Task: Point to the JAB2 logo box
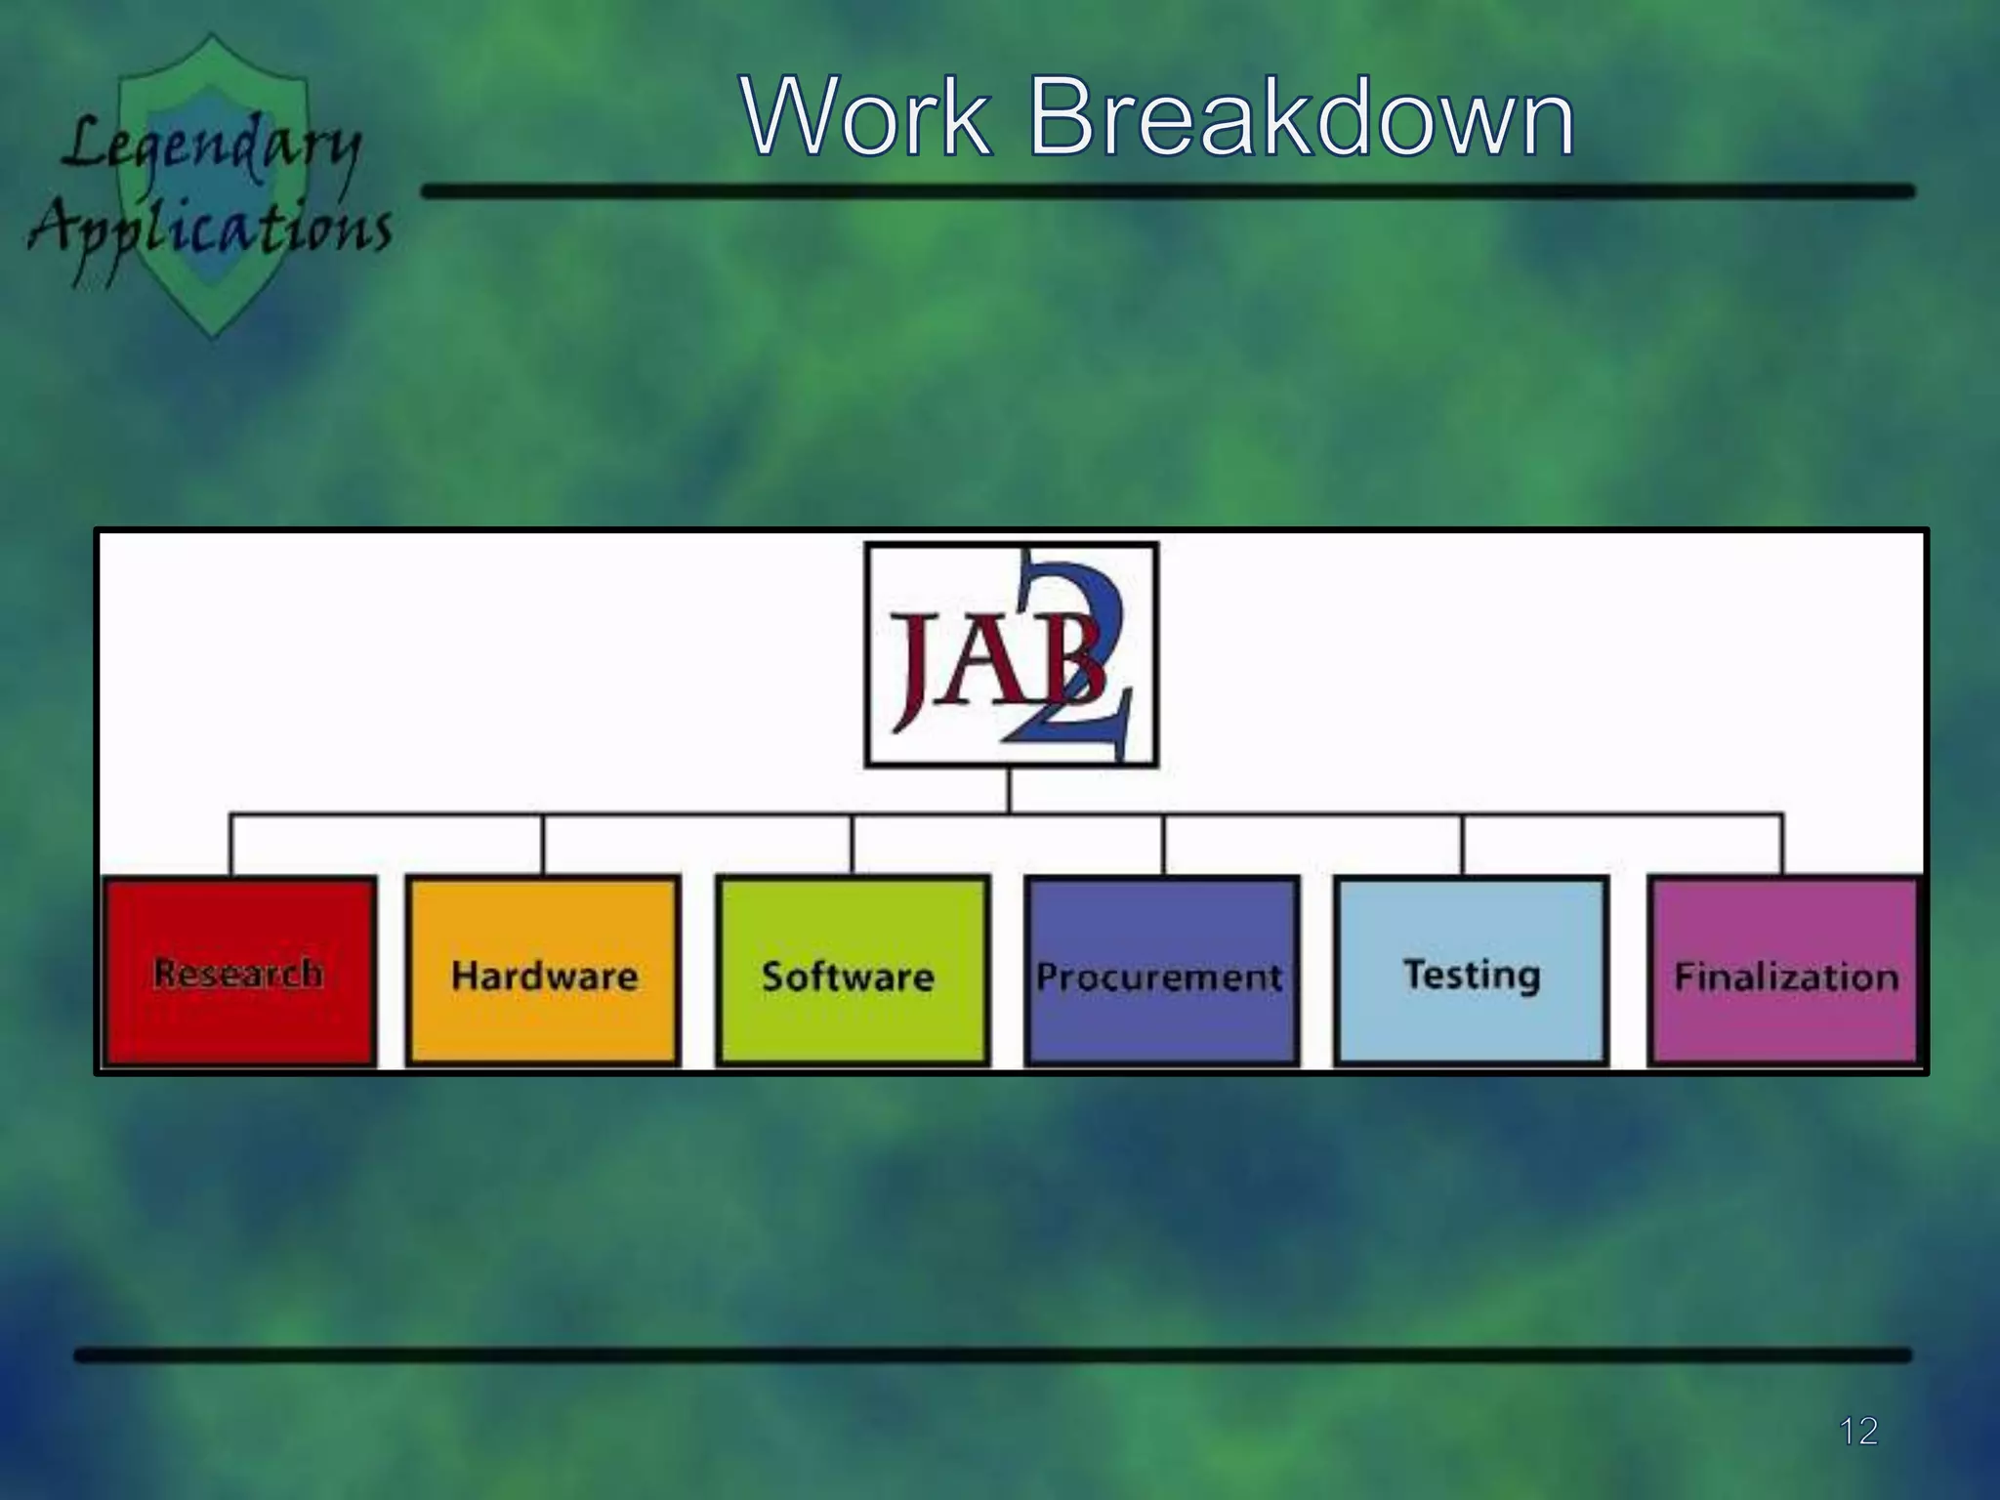[x=1011, y=654]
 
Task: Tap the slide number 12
[x=1857, y=1432]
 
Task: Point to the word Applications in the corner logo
[x=210, y=229]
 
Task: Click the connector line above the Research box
[x=231, y=844]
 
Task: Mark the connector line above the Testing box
[x=1463, y=844]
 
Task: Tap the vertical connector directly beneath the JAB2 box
[x=1010, y=790]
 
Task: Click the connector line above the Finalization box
[x=1782, y=844]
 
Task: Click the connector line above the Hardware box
[x=543, y=844]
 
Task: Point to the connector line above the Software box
[x=853, y=844]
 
